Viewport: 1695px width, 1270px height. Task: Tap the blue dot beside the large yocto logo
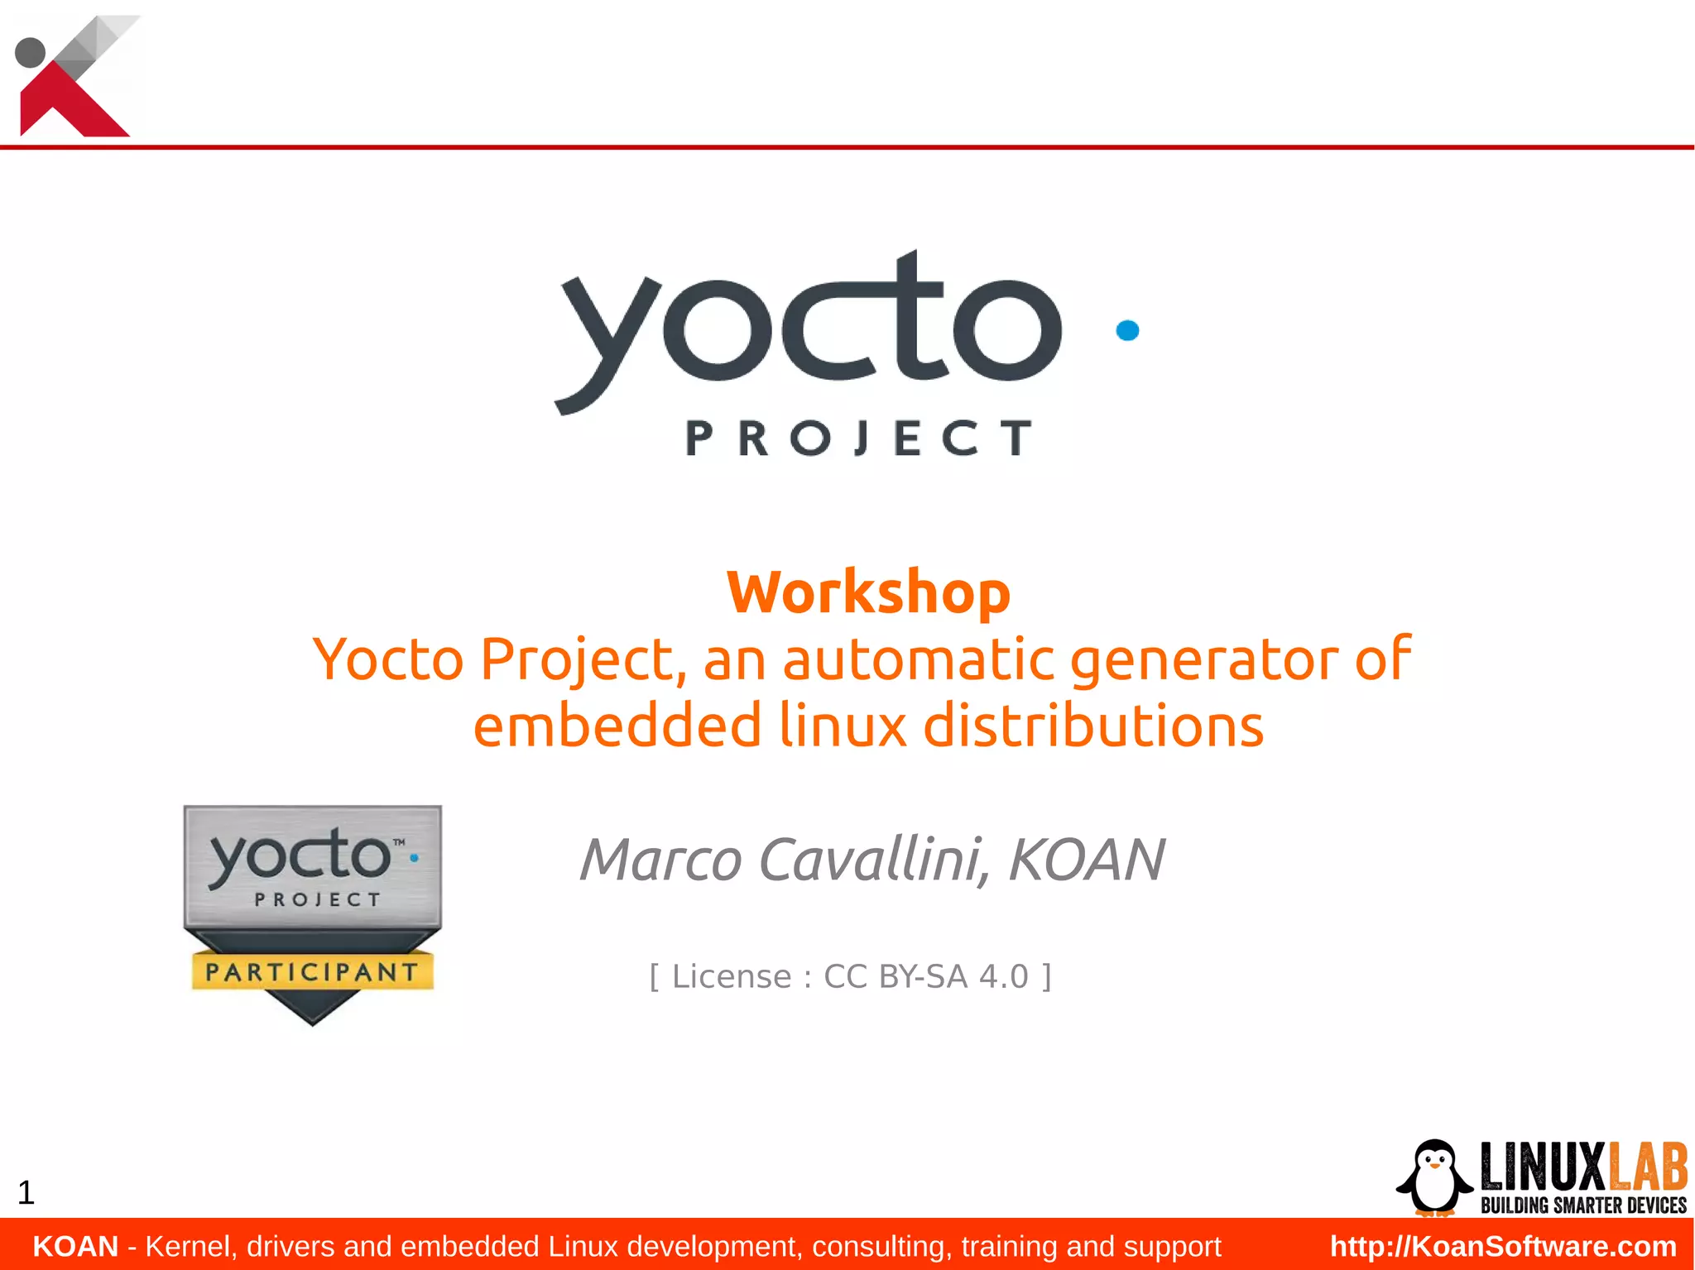pyautogui.click(x=1127, y=330)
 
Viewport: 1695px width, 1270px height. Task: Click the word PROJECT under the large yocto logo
pyautogui.click(x=859, y=438)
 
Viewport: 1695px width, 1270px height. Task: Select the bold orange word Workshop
pyautogui.click(x=868, y=592)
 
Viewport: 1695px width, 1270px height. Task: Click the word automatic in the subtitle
pyautogui.click(x=918, y=659)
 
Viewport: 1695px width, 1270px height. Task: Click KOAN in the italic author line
pyautogui.click(x=1087, y=860)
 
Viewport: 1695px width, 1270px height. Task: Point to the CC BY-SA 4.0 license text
pyautogui.click(x=925, y=977)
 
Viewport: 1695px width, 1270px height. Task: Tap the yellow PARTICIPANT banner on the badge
pyautogui.click(x=312, y=971)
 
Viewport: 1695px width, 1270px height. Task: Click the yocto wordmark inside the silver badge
pyautogui.click(x=300, y=855)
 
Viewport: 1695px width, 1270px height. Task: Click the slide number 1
pyautogui.click(x=26, y=1193)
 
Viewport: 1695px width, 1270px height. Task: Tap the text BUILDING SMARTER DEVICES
pyautogui.click(x=1582, y=1205)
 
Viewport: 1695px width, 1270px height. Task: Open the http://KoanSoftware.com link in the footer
pyautogui.click(x=1503, y=1246)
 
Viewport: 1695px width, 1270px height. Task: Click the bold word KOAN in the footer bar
pyautogui.click(x=75, y=1246)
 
